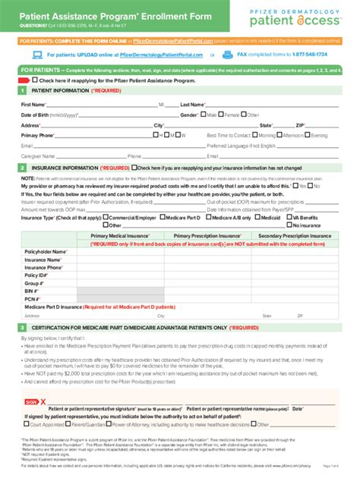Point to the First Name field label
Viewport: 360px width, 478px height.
click(33, 104)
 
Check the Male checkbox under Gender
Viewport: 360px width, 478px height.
click(203, 115)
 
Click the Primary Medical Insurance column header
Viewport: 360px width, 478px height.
click(120, 237)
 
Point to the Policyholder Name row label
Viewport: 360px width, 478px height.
click(45, 251)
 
